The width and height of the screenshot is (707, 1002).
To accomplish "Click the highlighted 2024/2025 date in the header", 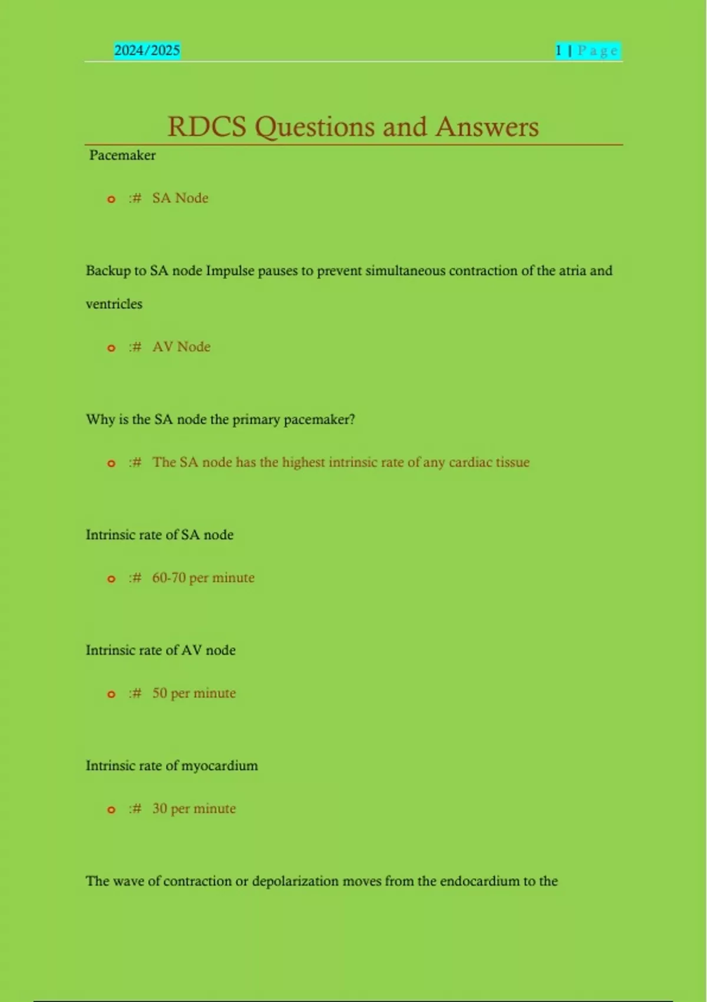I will [147, 51].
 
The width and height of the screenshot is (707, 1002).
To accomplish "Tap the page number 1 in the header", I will [558, 51].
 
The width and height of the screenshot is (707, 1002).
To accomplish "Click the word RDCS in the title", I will [206, 127].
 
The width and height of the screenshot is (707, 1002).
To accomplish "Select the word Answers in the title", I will [487, 127].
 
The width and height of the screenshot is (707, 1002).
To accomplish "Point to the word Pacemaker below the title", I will [123, 156].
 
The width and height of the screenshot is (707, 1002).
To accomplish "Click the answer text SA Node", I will [180, 198].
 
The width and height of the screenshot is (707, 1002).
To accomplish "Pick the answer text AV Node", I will [181, 347].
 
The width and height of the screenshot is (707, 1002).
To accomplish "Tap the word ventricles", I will [114, 304].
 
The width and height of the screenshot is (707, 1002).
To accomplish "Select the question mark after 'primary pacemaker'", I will [352, 420].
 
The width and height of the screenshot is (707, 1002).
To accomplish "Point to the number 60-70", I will [169, 578].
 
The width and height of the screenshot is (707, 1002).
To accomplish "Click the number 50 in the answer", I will [160, 693].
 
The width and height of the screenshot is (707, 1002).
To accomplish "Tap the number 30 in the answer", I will [160, 809].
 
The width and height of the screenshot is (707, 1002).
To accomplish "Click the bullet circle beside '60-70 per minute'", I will [111, 579].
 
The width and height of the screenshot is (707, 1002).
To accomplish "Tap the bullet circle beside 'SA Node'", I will [111, 199].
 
